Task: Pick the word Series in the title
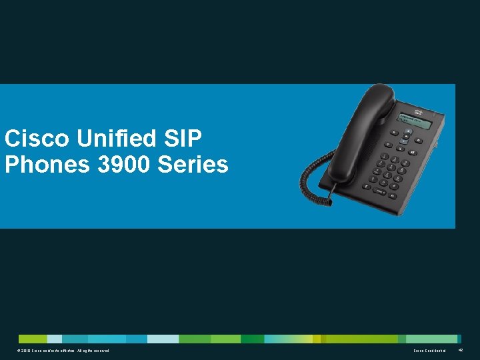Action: [193, 164]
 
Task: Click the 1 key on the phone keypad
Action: [384, 159]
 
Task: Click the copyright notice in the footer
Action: [61, 350]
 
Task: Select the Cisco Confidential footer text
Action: [429, 350]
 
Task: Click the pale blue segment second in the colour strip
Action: [55, 339]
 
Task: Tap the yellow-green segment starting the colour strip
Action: [33, 339]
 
